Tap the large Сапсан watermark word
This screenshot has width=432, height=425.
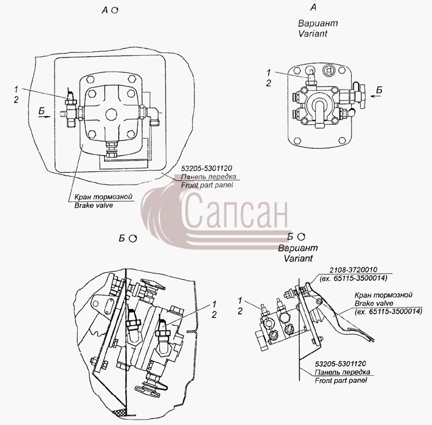coord(236,210)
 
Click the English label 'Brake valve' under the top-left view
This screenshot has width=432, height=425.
coord(93,205)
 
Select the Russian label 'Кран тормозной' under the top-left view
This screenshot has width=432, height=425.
coord(103,197)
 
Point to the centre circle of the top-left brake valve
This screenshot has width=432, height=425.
coord(112,114)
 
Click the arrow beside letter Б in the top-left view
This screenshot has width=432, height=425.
coord(44,117)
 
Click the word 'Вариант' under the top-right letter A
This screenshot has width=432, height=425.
coord(318,23)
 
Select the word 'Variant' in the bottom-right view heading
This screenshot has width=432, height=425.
coord(299,258)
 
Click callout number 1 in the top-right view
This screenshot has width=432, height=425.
coord(269,72)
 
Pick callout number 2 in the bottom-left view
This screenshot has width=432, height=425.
coord(214,314)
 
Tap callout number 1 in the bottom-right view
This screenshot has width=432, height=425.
coord(240,300)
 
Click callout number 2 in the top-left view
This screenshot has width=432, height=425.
coord(16,100)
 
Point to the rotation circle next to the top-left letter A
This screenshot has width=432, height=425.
coord(115,10)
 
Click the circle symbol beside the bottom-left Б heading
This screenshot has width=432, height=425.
coord(133,238)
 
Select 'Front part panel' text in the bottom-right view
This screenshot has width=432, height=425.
coord(341,381)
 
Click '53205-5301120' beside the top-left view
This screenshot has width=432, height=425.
coord(207,168)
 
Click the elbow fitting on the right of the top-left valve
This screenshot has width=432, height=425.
coord(153,115)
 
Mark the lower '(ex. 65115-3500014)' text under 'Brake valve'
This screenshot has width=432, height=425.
coord(388,312)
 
